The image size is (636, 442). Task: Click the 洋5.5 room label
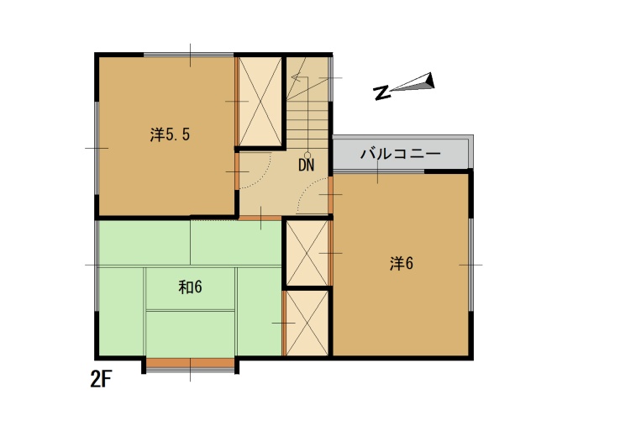coord(170,134)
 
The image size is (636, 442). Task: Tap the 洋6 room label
coord(402,264)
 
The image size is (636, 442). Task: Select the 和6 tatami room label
coord(190,287)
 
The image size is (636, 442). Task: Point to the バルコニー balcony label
coord(401,154)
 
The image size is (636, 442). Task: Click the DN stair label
coord(306,165)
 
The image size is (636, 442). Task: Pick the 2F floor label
coord(101,380)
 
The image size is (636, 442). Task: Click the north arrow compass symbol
coord(404,86)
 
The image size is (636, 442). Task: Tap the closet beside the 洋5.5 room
coord(260,102)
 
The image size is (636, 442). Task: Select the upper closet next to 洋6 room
coord(307,253)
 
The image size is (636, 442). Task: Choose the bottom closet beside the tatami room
coord(307,324)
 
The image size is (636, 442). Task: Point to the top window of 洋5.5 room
coord(188,55)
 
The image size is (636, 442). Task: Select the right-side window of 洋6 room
coord(471,265)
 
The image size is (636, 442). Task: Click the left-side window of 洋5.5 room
coord(97,148)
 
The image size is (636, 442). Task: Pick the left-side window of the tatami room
coord(97,266)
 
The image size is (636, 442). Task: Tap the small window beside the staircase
coord(330,78)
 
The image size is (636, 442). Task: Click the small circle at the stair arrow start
coord(307,155)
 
